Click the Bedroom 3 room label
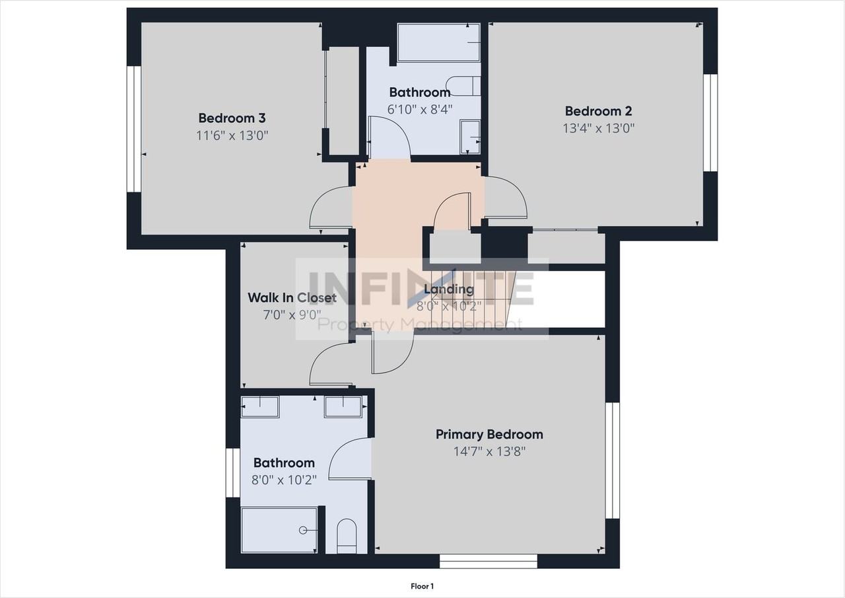coord(232,118)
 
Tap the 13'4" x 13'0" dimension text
coord(598,128)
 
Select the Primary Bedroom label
coord(489,434)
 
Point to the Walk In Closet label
coord(292,297)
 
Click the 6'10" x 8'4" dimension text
coord(420,109)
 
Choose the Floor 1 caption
coord(422,586)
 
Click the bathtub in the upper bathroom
coord(438,43)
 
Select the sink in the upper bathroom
coord(470,136)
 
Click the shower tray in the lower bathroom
coord(279,529)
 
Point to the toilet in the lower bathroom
coord(347,536)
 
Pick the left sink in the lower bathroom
coord(260,407)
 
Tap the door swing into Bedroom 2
coord(507,198)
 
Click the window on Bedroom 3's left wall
coord(134,128)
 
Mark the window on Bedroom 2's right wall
coord(710,122)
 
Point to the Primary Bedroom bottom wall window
coord(489,562)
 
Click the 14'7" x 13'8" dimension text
coord(489,452)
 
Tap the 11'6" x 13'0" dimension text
coord(232,135)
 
